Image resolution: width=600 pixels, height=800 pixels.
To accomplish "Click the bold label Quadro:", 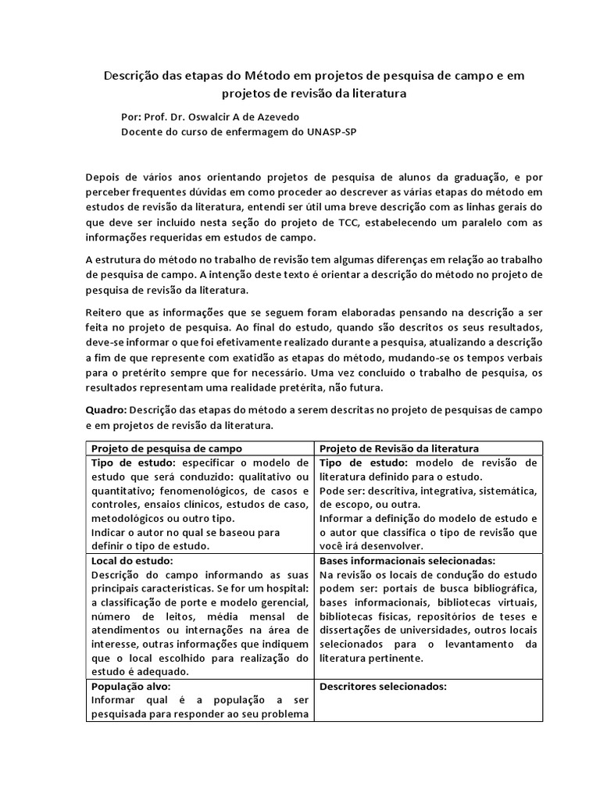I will pos(106,409).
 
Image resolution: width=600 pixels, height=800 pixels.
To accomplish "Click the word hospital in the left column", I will pos(287,588).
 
